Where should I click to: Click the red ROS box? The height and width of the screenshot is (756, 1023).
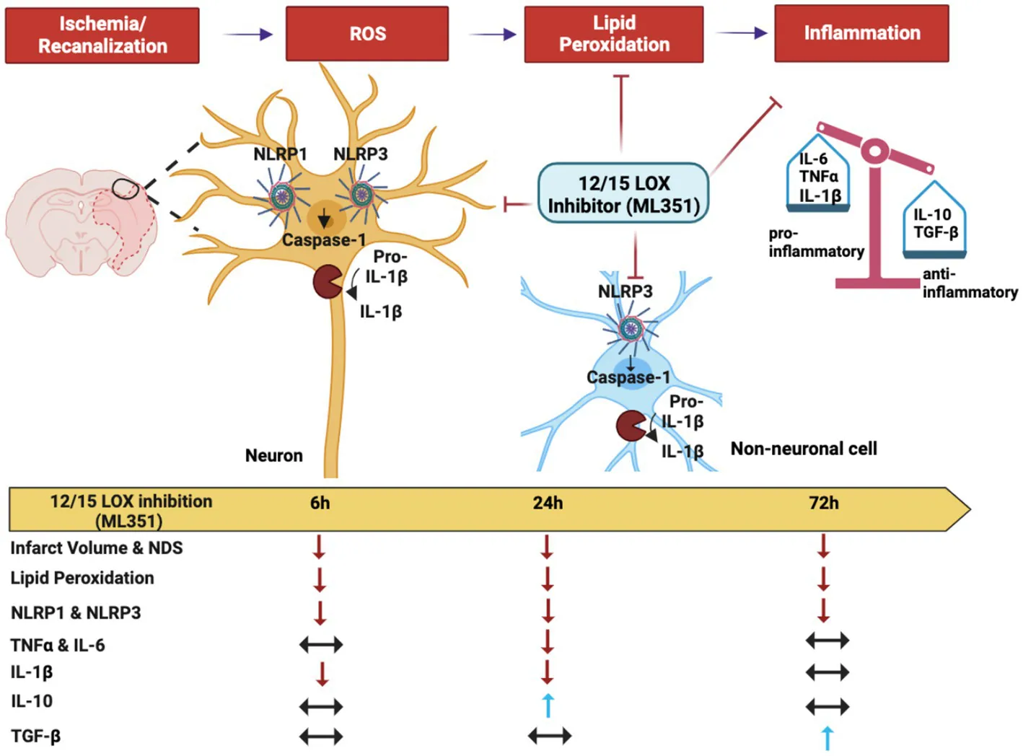click(x=367, y=34)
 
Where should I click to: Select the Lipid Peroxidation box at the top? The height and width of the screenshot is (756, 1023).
click(x=614, y=34)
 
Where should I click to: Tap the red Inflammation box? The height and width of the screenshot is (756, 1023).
click(x=861, y=33)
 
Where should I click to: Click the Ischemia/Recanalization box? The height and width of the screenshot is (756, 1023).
click(x=102, y=35)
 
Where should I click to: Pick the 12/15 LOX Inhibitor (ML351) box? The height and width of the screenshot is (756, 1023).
click(x=623, y=193)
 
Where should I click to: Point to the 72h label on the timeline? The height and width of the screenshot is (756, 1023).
click(x=823, y=504)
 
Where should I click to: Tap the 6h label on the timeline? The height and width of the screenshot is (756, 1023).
click(x=320, y=504)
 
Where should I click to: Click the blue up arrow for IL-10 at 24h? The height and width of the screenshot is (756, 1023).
click(x=548, y=705)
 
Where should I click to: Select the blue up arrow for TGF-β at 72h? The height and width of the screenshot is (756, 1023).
click(x=827, y=738)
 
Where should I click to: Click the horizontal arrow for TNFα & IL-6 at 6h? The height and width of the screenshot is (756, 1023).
click(x=321, y=643)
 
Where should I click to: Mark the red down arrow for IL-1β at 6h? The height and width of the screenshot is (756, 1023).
click(x=322, y=673)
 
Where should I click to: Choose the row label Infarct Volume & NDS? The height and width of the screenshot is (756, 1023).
click(x=96, y=548)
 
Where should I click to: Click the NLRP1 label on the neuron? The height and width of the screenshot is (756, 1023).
click(x=280, y=154)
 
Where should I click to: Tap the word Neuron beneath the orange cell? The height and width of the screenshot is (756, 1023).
click(x=273, y=456)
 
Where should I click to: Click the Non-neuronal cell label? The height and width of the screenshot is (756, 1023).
click(x=804, y=449)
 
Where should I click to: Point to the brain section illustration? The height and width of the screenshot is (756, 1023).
click(x=81, y=222)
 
